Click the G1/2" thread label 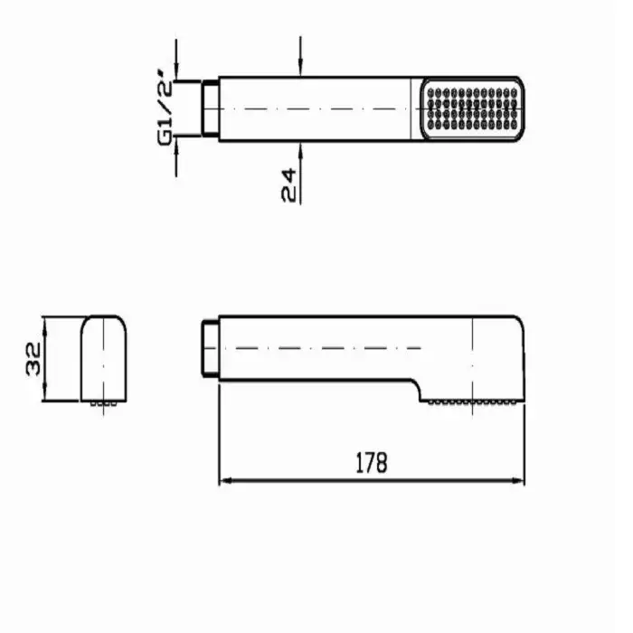coord(165,108)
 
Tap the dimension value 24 coord(288,185)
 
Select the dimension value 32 coord(33,359)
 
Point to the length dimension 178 coord(372,463)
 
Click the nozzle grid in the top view coord(472,109)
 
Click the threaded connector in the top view coord(210,109)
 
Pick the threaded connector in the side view coord(210,348)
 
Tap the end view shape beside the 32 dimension coord(104,358)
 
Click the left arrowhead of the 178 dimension coord(227,480)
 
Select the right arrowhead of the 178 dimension coord(516,480)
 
